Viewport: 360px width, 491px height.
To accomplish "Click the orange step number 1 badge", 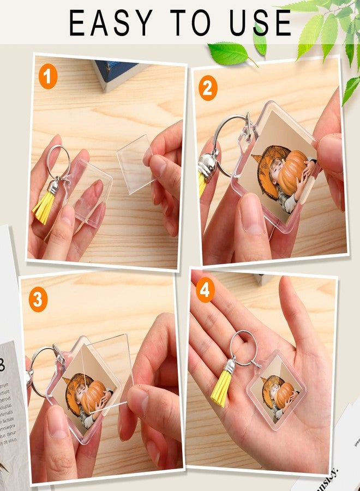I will point(48,78).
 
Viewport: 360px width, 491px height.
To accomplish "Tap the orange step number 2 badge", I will point(208,88).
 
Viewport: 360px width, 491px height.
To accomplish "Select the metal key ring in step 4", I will point(243,346).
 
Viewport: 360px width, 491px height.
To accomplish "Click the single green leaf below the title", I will point(229,53).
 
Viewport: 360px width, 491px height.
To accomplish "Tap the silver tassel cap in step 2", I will point(207,164).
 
